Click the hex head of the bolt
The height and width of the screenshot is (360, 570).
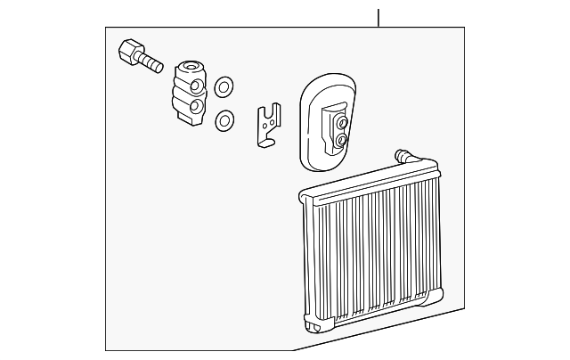[129, 51]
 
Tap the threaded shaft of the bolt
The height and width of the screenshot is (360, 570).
[151, 63]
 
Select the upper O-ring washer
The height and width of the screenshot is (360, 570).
[224, 86]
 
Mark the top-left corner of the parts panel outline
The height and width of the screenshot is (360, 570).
[106, 28]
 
